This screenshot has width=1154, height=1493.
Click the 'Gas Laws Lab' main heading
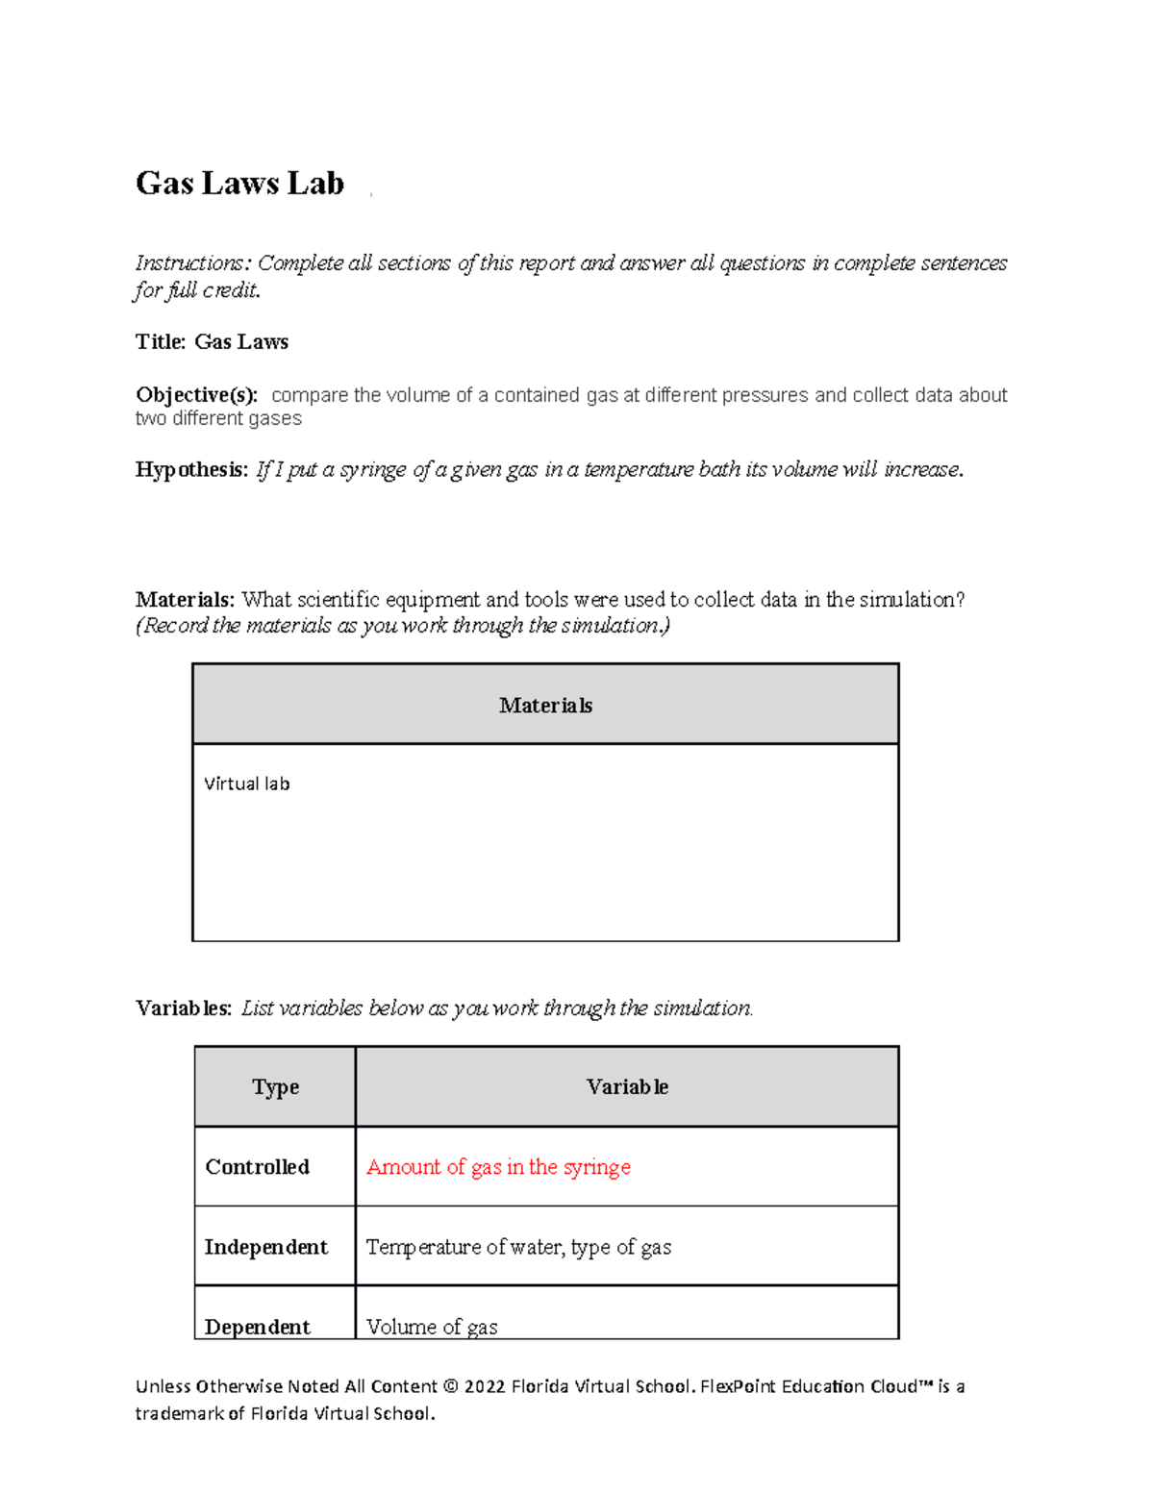tap(239, 183)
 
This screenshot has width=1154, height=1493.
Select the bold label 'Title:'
tap(161, 342)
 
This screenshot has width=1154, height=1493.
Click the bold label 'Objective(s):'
tap(196, 395)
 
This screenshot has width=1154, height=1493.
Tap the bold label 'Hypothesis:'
tap(191, 470)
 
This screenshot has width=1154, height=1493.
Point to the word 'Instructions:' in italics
tap(193, 263)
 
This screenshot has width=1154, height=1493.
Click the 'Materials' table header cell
tap(545, 706)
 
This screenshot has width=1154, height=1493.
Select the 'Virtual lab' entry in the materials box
tap(246, 784)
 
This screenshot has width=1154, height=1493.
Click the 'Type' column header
tap(275, 1087)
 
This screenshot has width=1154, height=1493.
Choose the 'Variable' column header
tap(627, 1087)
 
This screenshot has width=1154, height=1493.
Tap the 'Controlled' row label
tap(257, 1167)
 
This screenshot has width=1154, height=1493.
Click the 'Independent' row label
tap(265, 1247)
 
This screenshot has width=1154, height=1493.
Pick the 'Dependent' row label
tap(257, 1327)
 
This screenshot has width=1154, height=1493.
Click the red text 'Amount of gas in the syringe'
tap(498, 1167)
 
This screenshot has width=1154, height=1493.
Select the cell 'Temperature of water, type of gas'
tap(518, 1247)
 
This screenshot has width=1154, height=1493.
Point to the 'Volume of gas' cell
tap(432, 1327)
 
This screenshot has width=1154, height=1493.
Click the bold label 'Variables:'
tap(184, 1008)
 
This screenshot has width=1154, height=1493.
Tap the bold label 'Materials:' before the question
tap(185, 600)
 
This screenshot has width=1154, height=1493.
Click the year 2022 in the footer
tap(485, 1387)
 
